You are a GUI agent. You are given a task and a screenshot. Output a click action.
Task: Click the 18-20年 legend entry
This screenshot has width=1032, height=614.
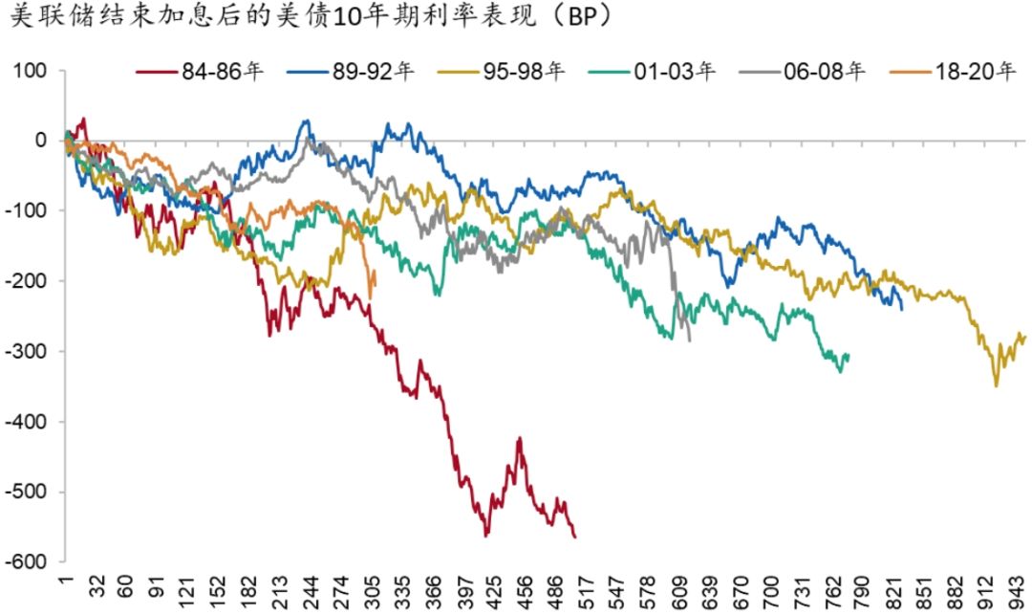pyautogui.click(x=976, y=72)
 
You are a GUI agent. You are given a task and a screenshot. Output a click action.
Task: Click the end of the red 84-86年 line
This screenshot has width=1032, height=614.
pyautogui.click(x=575, y=537)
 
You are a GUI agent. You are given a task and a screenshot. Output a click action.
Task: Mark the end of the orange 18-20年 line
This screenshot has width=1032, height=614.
pyautogui.click(x=374, y=274)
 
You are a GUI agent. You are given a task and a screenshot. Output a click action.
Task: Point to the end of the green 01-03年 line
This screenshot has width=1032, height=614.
pyautogui.click(x=849, y=356)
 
